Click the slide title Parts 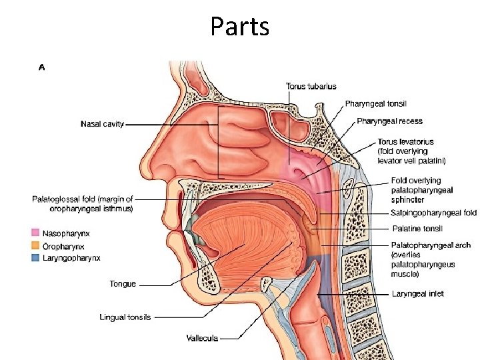pyautogui.click(x=239, y=26)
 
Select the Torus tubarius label pyautogui.click(x=311, y=86)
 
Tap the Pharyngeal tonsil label pyautogui.click(x=375, y=104)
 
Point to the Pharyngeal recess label pyautogui.click(x=389, y=121)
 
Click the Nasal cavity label pyautogui.click(x=102, y=124)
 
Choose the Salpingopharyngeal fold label pyautogui.click(x=433, y=213)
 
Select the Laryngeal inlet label pyautogui.click(x=417, y=294)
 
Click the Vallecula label pyautogui.click(x=202, y=339)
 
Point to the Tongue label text pyautogui.click(x=123, y=284)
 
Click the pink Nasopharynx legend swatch pyautogui.click(x=36, y=233)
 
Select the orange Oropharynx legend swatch pyautogui.click(x=36, y=246)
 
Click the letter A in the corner pyautogui.click(x=42, y=67)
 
